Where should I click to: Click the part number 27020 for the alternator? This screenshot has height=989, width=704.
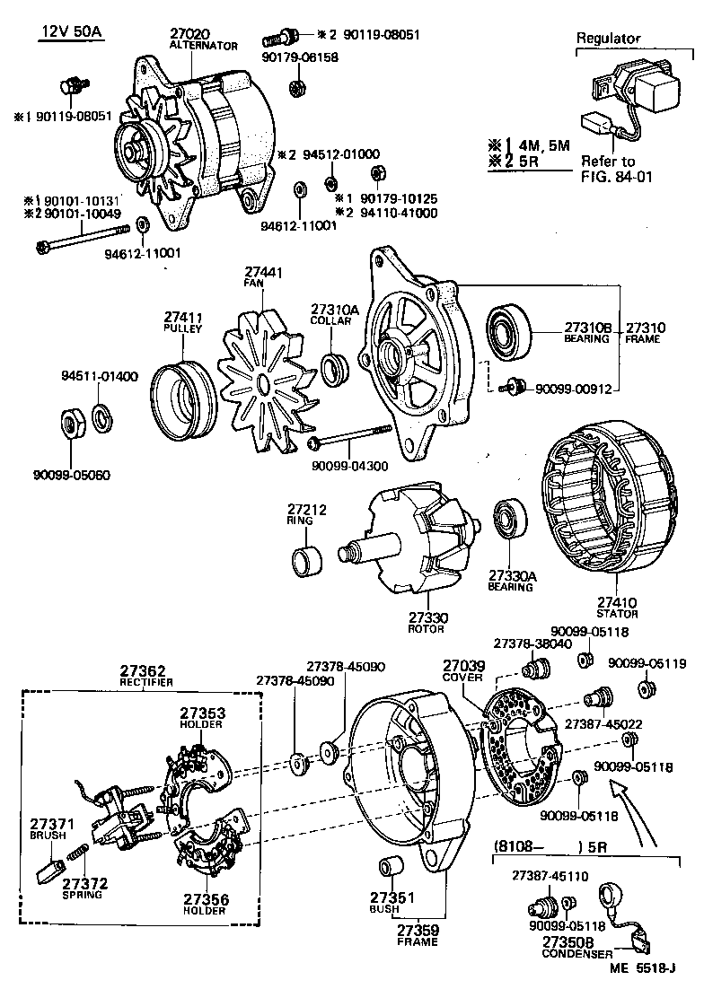[x=189, y=33]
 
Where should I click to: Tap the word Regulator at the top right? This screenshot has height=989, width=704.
[x=608, y=39]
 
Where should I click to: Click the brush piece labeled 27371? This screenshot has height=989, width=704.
[x=52, y=868]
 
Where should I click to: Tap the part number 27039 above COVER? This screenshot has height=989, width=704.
[x=462, y=666]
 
